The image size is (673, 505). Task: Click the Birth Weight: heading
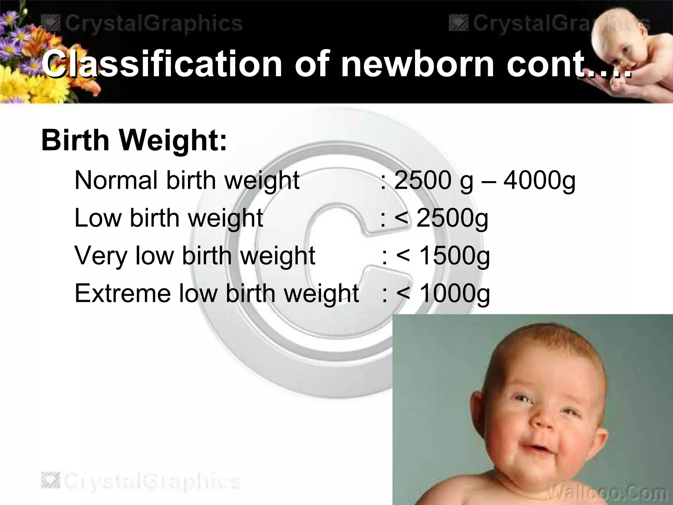(x=134, y=140)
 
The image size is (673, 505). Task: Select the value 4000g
(x=539, y=181)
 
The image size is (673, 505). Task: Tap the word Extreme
(x=123, y=293)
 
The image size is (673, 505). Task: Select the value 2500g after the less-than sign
(x=452, y=219)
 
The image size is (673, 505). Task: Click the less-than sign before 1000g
(x=403, y=294)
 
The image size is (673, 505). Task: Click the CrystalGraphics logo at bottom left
(x=141, y=481)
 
